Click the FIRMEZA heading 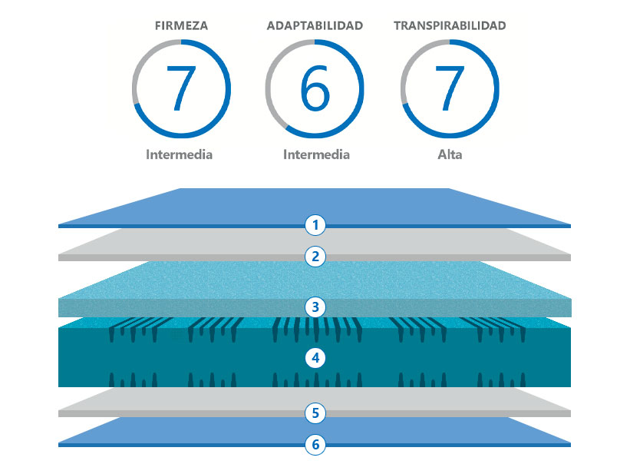[181, 26]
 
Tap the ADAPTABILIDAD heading [315, 26]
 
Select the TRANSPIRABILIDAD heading [450, 26]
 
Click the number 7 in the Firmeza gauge [181, 88]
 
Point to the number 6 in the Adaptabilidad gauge [315, 88]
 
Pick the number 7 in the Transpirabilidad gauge [450, 88]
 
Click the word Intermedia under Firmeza [180, 154]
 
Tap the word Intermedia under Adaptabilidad [317, 154]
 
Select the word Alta [450, 154]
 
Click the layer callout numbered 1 [315, 225]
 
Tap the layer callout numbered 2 [315, 257]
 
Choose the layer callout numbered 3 [315, 307]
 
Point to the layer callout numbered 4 [315, 358]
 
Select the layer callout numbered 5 [315, 413]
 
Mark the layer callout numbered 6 [315, 444]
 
